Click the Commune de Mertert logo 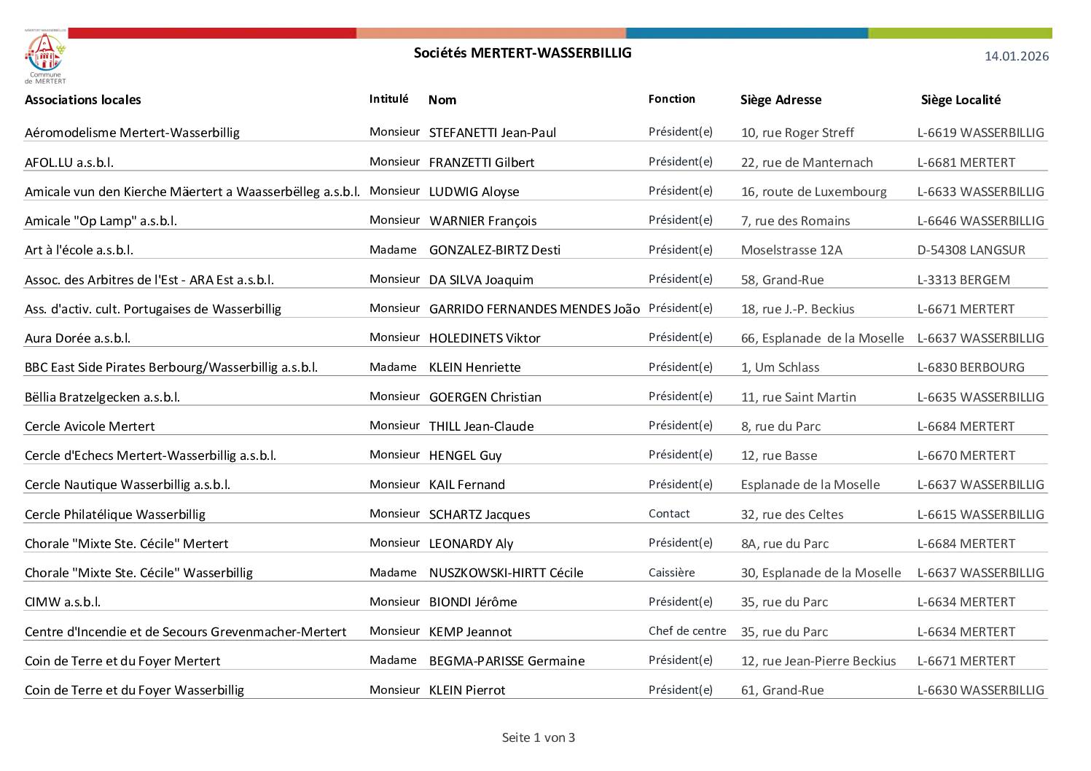[45, 58]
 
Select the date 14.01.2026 [1016, 56]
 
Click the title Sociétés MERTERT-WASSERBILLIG [523, 52]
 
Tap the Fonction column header [671, 99]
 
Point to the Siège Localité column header [960, 100]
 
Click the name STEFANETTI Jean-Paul [492, 133]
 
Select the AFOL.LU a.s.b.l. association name [69, 163]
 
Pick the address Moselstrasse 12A [791, 250]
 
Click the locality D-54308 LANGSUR [970, 250]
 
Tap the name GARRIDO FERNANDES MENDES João [533, 309]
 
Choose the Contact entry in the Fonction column [668, 514]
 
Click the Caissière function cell [671, 573]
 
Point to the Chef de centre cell [687, 631]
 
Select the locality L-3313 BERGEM [963, 280]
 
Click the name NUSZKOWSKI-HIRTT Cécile [506, 573]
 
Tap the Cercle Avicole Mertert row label [90, 426]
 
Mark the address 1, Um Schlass [780, 367]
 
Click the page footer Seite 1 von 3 [538, 737]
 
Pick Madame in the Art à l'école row [393, 250]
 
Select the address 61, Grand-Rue [782, 690]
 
